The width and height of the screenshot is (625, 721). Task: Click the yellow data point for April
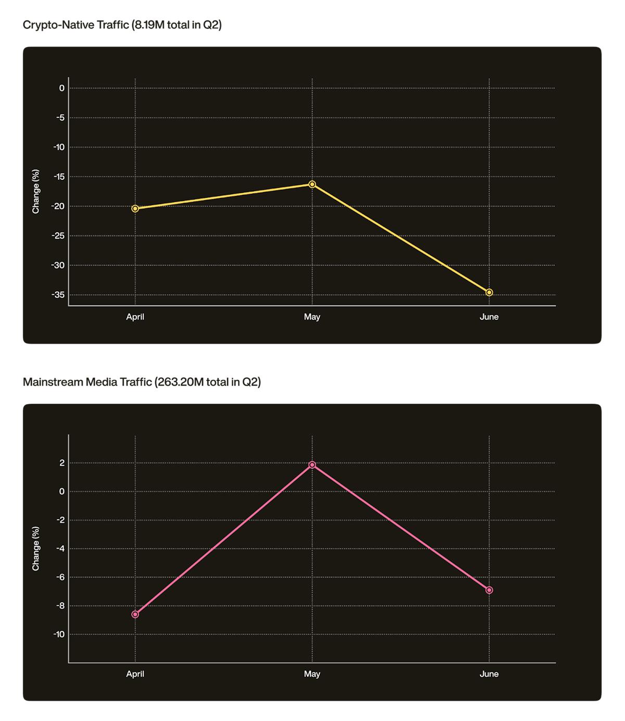(x=135, y=208)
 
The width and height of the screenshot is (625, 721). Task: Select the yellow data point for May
(x=312, y=184)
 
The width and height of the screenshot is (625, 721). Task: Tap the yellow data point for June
(x=489, y=292)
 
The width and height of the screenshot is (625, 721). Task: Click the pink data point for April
(x=135, y=614)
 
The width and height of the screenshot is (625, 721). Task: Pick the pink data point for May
(x=312, y=465)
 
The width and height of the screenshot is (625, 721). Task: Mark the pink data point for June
(x=489, y=590)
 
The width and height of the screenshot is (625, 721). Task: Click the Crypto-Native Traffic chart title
(x=122, y=24)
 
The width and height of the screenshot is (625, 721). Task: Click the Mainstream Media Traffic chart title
(x=142, y=382)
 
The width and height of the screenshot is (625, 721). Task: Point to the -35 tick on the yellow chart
(x=58, y=295)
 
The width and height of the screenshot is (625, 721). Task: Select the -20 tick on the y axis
(x=58, y=206)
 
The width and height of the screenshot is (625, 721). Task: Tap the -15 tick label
(x=58, y=177)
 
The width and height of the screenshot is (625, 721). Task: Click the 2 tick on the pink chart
(x=62, y=463)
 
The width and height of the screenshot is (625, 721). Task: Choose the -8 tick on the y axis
(x=60, y=606)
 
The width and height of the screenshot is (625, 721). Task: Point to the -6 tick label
(x=60, y=577)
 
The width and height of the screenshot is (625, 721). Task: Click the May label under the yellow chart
(x=312, y=317)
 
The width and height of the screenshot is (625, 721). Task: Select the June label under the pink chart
(x=489, y=674)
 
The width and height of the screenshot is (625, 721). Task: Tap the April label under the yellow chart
(x=135, y=317)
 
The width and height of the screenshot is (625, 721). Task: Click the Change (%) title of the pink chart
(x=36, y=549)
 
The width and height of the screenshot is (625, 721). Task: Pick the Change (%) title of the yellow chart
(x=36, y=191)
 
